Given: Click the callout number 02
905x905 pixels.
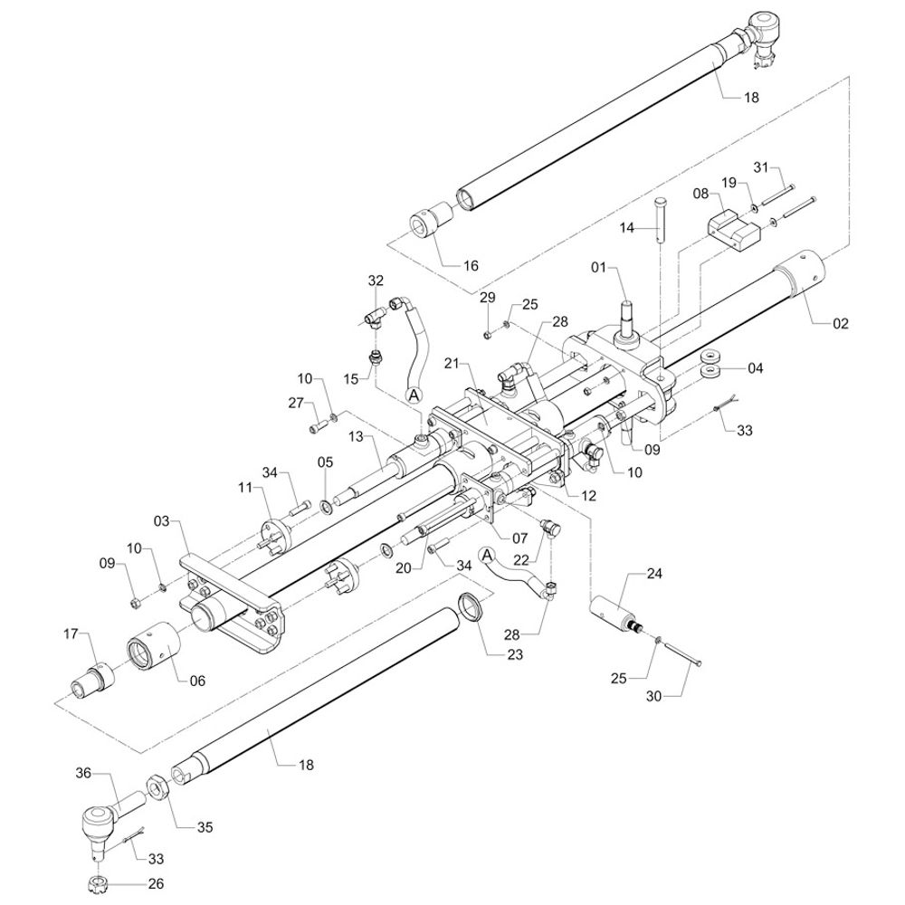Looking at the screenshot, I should (841, 323).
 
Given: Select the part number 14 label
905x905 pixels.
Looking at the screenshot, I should (627, 230).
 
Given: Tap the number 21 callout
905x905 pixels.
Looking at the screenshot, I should (452, 364).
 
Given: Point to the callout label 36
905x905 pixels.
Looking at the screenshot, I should (83, 773).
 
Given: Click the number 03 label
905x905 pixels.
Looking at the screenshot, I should (162, 521).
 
